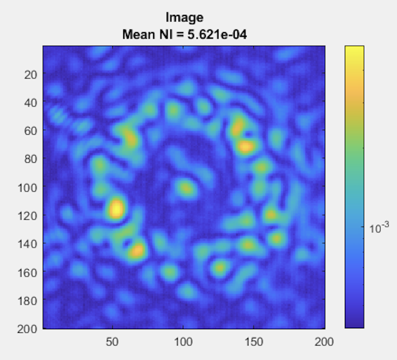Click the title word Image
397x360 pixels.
(x=184, y=18)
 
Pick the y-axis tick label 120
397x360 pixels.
(x=26, y=215)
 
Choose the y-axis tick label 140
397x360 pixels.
(x=26, y=243)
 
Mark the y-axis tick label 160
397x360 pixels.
(x=26, y=272)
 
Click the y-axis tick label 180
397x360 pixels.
(x=26, y=300)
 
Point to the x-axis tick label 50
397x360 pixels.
(x=112, y=342)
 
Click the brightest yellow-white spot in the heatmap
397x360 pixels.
(x=116, y=209)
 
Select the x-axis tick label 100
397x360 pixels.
(x=183, y=342)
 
